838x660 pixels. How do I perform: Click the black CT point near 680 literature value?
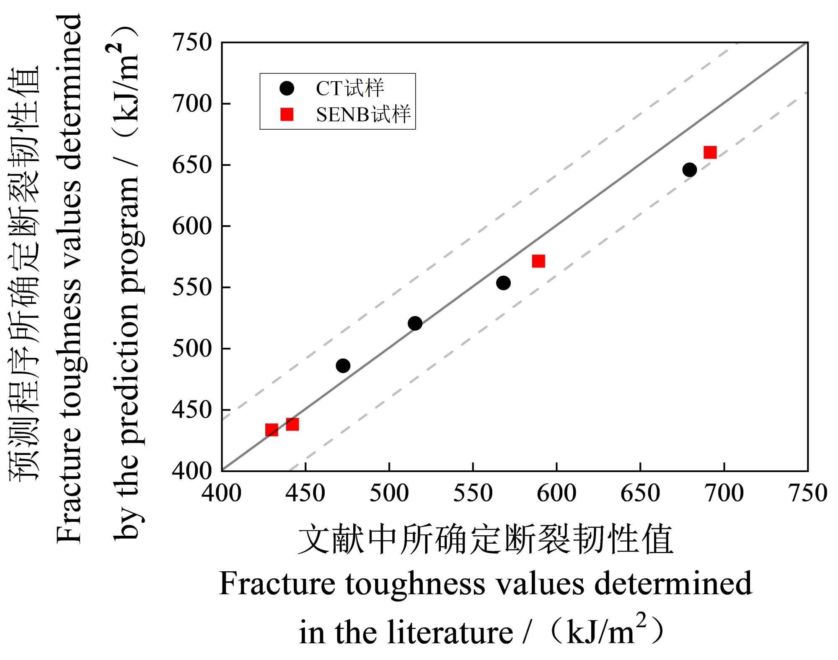(x=689, y=169)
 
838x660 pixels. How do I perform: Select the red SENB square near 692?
(x=710, y=152)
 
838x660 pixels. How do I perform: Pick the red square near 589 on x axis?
(x=538, y=261)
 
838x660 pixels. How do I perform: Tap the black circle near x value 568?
(x=503, y=283)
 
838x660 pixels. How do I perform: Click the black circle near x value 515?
(x=415, y=323)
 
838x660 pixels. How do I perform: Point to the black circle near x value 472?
(x=343, y=366)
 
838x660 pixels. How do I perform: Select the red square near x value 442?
(x=292, y=424)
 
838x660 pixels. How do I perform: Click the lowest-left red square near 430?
(x=272, y=430)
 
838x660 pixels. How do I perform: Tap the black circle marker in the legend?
(x=287, y=88)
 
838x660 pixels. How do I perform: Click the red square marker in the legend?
(x=287, y=114)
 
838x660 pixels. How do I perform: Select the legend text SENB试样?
(x=363, y=115)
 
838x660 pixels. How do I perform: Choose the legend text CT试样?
(x=349, y=88)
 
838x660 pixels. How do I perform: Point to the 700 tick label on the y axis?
(x=192, y=104)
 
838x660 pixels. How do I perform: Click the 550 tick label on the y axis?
(x=192, y=288)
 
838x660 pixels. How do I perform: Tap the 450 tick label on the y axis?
(x=192, y=410)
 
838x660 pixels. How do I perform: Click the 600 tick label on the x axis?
(x=556, y=493)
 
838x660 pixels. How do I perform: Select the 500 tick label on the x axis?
(x=389, y=493)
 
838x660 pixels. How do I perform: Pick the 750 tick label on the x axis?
(x=807, y=493)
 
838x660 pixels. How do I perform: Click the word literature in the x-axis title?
(x=450, y=632)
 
